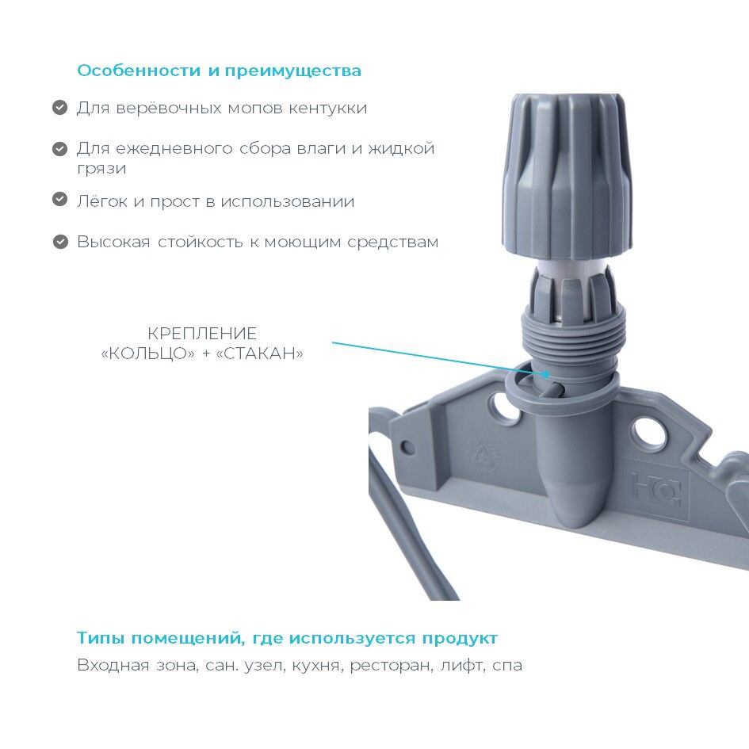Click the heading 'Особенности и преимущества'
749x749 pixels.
(x=220, y=71)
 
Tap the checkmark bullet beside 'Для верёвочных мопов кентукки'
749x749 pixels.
(x=59, y=108)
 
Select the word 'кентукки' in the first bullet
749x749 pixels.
(x=327, y=109)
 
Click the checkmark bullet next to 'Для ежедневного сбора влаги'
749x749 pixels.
(x=59, y=148)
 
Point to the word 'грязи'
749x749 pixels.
(x=101, y=169)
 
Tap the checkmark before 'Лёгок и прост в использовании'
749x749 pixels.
(x=59, y=199)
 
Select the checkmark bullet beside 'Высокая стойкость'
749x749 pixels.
(x=59, y=242)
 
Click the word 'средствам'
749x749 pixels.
(x=392, y=243)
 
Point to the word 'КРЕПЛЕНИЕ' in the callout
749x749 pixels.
(x=202, y=334)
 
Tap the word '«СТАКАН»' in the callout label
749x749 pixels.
(x=260, y=353)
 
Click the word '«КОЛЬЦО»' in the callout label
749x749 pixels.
(x=148, y=353)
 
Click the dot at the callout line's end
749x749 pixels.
(x=546, y=373)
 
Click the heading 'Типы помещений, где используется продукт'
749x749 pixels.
(x=287, y=639)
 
